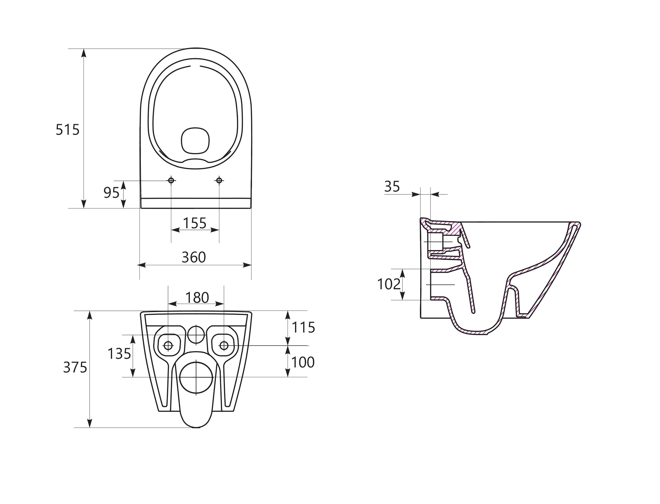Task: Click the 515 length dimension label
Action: tap(68, 130)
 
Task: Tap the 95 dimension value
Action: tap(111, 193)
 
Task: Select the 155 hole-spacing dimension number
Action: tap(195, 223)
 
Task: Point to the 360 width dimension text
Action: tap(194, 257)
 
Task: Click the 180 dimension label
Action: tap(197, 298)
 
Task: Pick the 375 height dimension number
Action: tap(75, 367)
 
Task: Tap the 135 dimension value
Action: tap(119, 354)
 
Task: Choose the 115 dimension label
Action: tap(303, 327)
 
